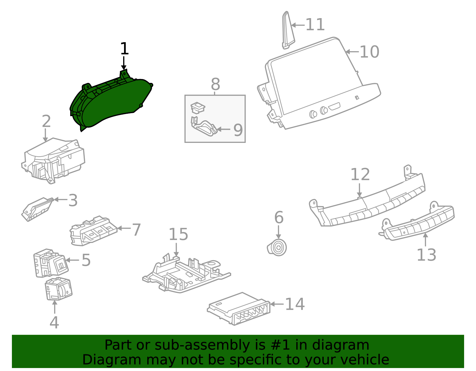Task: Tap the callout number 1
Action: [124, 49]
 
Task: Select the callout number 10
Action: [369, 52]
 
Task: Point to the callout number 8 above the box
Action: [215, 84]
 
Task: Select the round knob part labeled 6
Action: [278, 247]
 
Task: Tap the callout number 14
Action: [295, 304]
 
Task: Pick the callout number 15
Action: [178, 235]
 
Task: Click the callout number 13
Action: [426, 255]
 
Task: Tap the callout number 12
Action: [360, 174]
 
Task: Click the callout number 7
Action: [136, 230]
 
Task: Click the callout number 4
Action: [54, 323]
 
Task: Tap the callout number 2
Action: [46, 121]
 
